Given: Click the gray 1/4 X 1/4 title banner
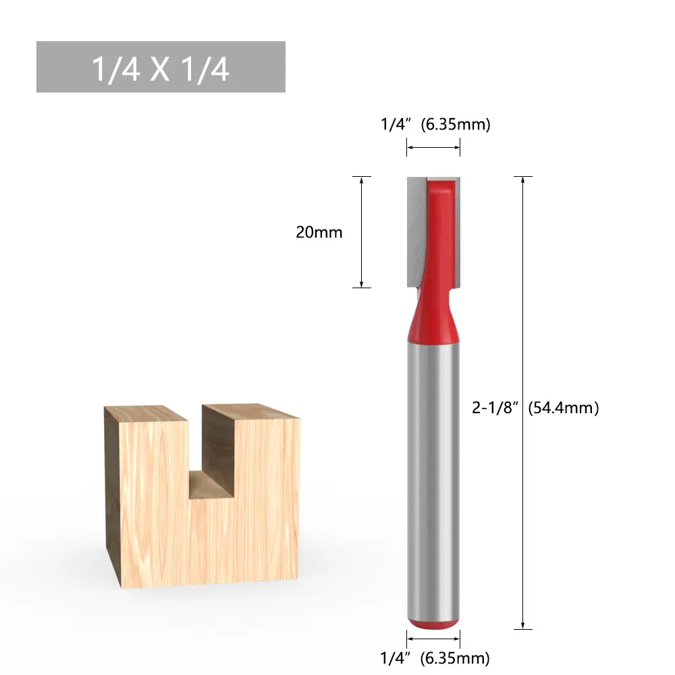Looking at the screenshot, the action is pyautogui.click(x=161, y=67).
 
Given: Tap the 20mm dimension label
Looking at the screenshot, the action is pyautogui.click(x=319, y=232).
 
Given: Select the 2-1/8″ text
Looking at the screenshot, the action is pyautogui.click(x=495, y=407).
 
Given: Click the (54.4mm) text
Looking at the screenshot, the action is pyautogui.click(x=564, y=408).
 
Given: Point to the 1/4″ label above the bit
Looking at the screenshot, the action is pyautogui.click(x=393, y=124).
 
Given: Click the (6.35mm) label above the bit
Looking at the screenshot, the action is pyautogui.click(x=456, y=124).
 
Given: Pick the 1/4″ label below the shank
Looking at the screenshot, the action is pyautogui.click(x=393, y=657).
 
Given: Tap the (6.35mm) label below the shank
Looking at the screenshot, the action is pyautogui.click(x=455, y=658).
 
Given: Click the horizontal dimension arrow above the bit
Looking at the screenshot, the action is pyautogui.click(x=433, y=147).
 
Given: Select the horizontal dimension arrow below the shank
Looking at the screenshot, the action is pyautogui.click(x=433, y=639).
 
